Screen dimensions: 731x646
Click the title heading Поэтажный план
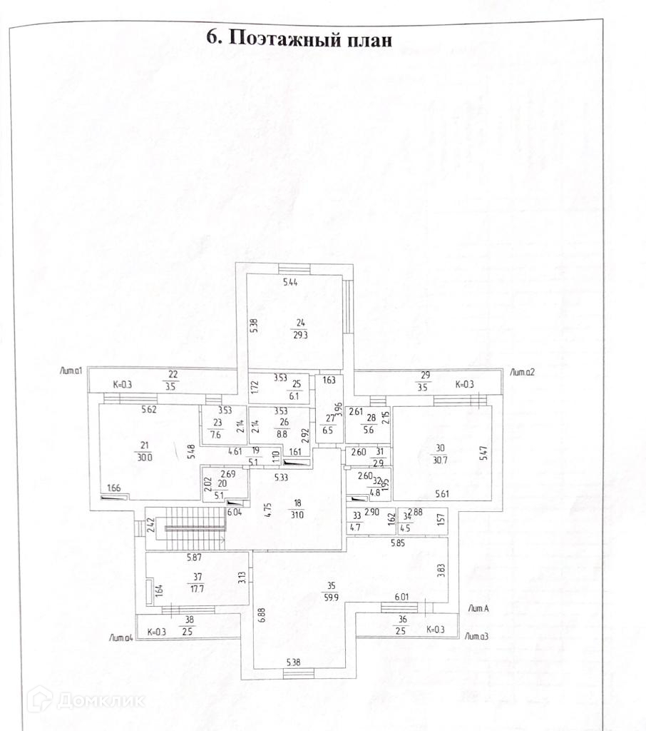tap(299, 39)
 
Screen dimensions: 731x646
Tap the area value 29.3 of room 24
tap(299, 333)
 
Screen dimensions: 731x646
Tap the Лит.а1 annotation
tap(73, 370)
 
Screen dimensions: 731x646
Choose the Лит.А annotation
tap(478, 608)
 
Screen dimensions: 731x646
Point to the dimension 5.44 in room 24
tap(290, 283)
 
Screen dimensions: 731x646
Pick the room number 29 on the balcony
tap(426, 375)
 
